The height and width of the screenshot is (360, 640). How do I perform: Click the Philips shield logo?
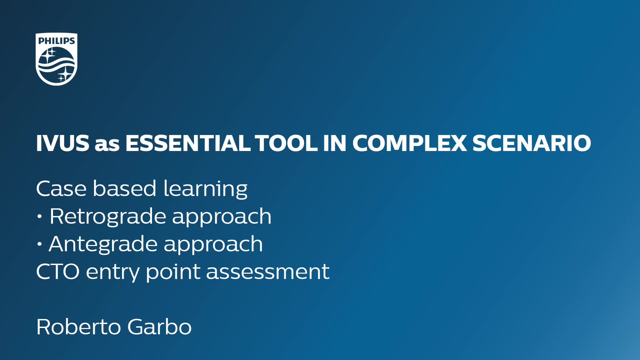[x=56, y=59]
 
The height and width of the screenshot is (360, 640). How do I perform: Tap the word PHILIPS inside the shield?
[x=57, y=41]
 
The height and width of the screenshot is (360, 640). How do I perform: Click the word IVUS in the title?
[x=63, y=143]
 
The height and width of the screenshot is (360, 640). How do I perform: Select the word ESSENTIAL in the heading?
[x=188, y=143]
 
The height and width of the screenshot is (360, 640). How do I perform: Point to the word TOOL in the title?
[x=286, y=143]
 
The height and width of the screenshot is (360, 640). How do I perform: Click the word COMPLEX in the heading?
[x=410, y=143]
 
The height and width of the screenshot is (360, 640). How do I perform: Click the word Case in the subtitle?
[x=62, y=188]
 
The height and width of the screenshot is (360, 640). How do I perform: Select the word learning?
[x=205, y=189]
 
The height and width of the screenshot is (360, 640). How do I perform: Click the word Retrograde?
[x=108, y=217]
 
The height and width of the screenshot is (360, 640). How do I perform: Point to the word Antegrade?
[x=103, y=244]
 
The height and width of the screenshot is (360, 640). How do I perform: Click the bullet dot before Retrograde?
[x=40, y=217]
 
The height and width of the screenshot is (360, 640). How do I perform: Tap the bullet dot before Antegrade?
[x=40, y=244]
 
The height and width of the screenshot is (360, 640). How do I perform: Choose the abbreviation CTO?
[x=58, y=271]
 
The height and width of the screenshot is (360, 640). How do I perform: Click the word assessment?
[x=268, y=272]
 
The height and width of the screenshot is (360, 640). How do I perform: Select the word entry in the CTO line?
[x=113, y=273]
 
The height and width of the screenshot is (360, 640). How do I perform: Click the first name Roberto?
[x=78, y=327]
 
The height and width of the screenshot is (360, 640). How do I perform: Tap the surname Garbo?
[x=159, y=327]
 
